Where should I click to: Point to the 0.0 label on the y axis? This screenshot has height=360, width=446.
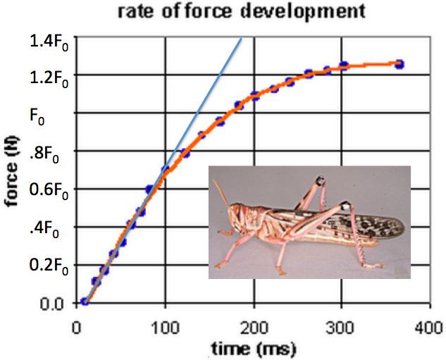(x=50, y=303)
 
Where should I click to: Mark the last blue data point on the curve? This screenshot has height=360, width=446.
(x=399, y=64)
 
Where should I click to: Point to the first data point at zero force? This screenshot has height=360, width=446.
(x=85, y=302)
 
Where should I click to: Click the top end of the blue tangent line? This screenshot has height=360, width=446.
(x=242, y=38)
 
